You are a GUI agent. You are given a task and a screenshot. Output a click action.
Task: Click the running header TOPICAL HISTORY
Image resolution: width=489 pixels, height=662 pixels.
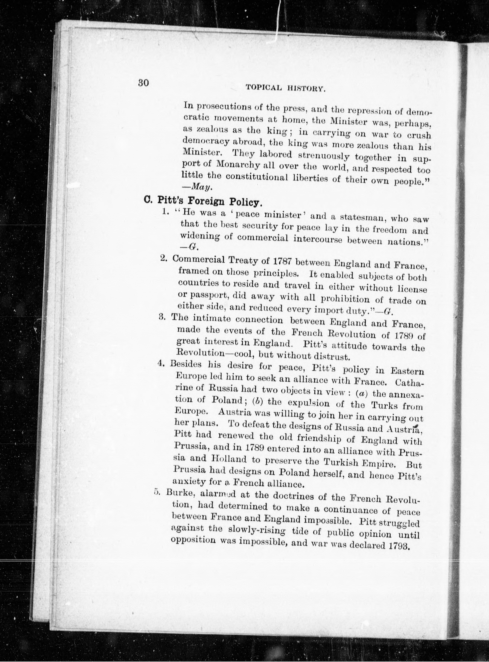286,88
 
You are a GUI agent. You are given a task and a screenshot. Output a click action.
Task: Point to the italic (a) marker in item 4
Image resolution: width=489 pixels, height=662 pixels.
361,394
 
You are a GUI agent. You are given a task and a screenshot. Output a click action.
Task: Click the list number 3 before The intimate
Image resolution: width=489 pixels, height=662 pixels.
162,317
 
